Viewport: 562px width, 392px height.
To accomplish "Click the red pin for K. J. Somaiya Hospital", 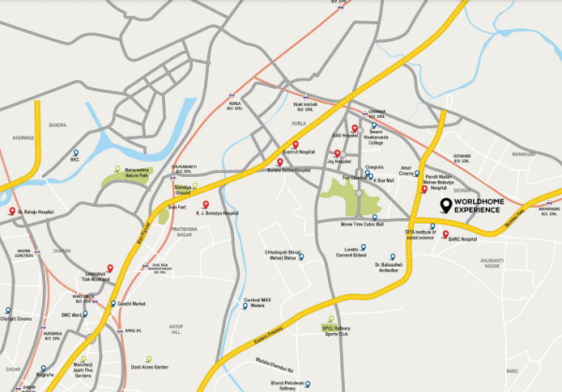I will pyautogui.click(x=218, y=204).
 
